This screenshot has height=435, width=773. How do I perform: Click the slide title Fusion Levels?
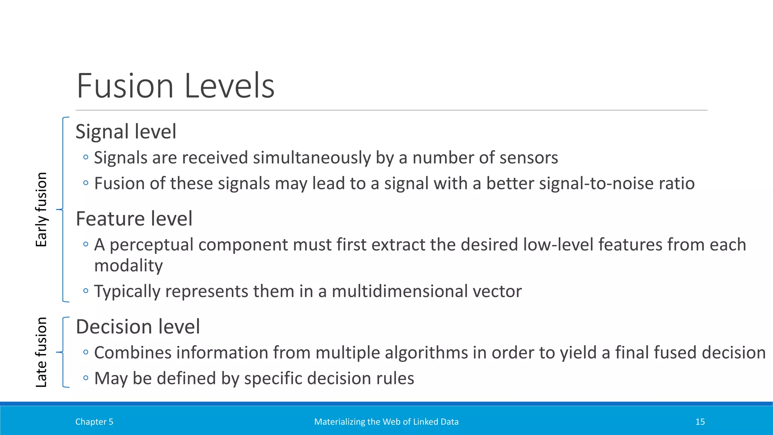pos(176,86)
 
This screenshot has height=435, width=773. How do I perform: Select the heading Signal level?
pos(126,132)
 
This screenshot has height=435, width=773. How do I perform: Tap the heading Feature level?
pos(134,219)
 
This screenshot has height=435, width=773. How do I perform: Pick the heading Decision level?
pos(138,327)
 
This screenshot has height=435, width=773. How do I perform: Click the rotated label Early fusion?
pos(41,210)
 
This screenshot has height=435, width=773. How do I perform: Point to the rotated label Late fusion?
pos(41,352)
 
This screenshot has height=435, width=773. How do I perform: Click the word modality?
pos(128,266)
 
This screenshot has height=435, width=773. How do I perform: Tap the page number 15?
pos(700,422)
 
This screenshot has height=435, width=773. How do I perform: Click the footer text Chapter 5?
pos(94,422)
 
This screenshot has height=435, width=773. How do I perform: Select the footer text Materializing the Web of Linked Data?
pos(386,422)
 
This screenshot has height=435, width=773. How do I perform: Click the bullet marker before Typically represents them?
pos(86,291)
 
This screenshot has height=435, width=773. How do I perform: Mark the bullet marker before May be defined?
pos(86,378)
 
